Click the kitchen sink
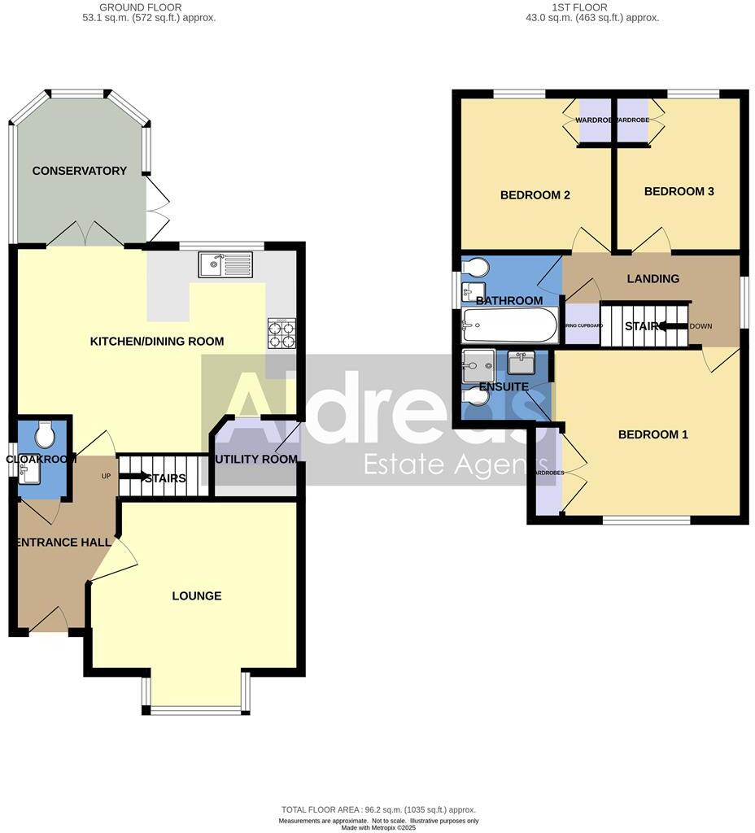[225, 264]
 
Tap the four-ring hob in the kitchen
[281, 333]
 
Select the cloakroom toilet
[45, 434]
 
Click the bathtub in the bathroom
[509, 326]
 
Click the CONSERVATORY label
[80, 171]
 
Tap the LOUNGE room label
[197, 596]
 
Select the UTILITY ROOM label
[255, 460]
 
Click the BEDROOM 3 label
[679, 191]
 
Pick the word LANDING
[653, 279]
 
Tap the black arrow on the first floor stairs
[673, 326]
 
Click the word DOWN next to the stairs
[700, 326]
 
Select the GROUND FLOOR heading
[141, 7]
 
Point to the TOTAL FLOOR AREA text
[378, 810]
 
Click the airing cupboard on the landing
[582, 324]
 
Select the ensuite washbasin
[521, 362]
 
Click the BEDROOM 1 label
[653, 434]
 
